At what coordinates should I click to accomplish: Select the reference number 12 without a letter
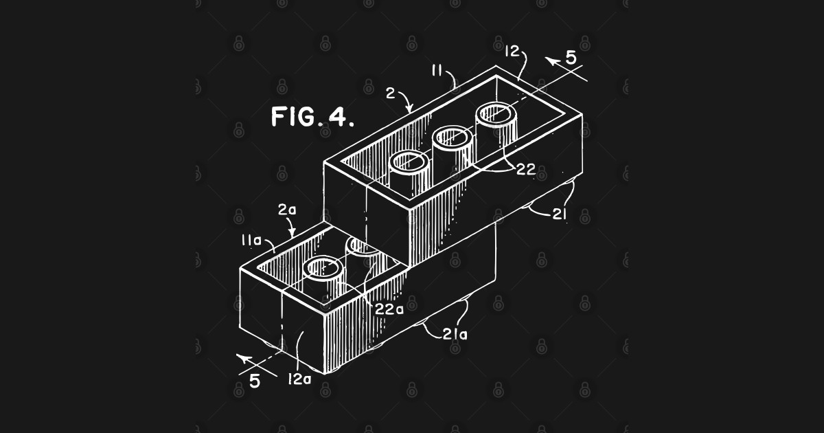(510, 52)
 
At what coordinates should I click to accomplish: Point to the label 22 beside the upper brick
(525, 170)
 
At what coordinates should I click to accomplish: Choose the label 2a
(286, 210)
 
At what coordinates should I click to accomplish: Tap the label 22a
(389, 309)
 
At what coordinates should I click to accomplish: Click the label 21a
(455, 335)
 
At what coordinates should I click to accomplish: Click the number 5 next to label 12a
(254, 380)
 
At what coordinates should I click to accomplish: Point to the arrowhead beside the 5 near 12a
(240, 356)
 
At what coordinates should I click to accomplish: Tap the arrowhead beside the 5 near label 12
(551, 60)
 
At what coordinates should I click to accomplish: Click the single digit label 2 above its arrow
(390, 93)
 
